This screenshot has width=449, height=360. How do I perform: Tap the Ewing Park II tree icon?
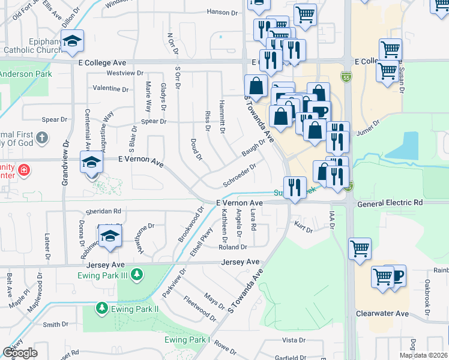[x=101, y=308]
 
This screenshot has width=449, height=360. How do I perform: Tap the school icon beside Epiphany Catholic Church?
[x=73, y=40]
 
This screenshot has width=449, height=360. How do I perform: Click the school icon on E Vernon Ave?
[x=92, y=161]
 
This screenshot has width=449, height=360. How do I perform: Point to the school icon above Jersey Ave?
[x=110, y=236]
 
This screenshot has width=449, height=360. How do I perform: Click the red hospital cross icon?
[x=23, y=170]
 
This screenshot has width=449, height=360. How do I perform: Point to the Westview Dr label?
[x=124, y=73]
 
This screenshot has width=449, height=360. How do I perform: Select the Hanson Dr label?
[x=222, y=12]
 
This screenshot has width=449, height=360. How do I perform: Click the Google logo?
[x=20, y=352]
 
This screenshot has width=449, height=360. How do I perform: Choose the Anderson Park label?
[x=25, y=74]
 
